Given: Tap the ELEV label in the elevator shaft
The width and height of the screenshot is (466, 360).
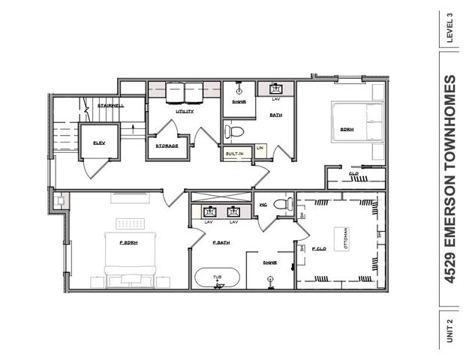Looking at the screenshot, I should (x=98, y=142).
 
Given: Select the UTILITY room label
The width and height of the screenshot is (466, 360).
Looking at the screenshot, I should (x=185, y=111).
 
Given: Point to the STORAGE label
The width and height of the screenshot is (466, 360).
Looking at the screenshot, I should (x=167, y=145).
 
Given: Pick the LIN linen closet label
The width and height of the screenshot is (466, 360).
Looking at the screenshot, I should (x=260, y=148).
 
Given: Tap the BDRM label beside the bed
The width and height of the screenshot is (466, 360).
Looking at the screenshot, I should (x=347, y=129).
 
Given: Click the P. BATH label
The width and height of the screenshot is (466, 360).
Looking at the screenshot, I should (x=221, y=243).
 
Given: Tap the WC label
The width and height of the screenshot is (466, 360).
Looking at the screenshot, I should (x=263, y=204).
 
